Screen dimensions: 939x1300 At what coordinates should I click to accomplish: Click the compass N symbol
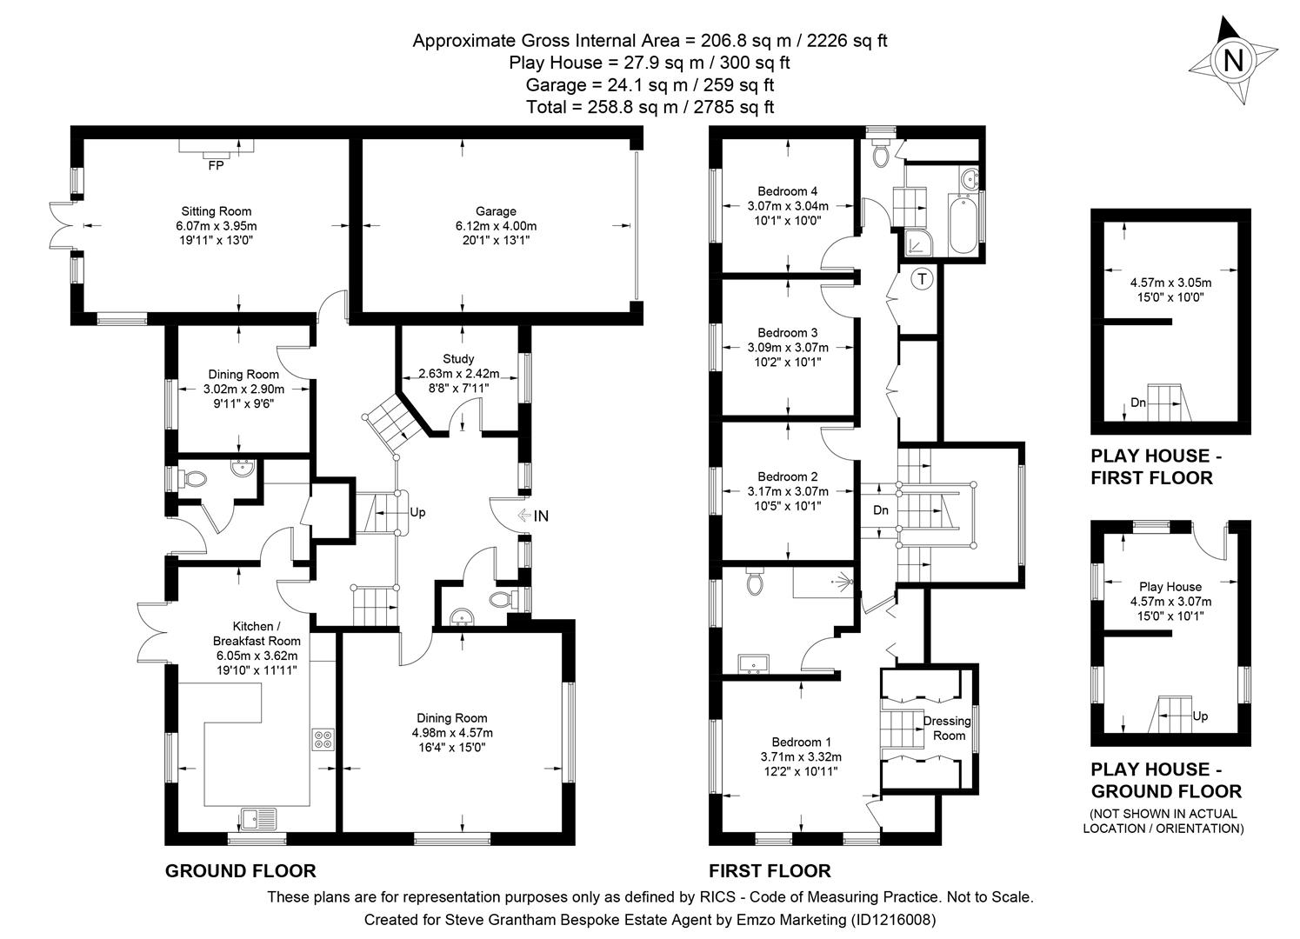coord(1233,61)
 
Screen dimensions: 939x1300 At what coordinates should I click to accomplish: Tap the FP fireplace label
coord(216,165)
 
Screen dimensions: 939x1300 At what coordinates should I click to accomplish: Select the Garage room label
coord(496,211)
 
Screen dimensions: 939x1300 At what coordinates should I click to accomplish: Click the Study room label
coord(458,358)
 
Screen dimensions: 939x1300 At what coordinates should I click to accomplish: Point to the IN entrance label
coord(541,516)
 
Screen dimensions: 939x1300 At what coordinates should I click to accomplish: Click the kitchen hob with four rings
coord(323,739)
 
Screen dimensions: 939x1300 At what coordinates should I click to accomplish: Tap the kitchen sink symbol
coord(258,818)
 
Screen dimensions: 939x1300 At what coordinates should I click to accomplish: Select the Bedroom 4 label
coord(787,191)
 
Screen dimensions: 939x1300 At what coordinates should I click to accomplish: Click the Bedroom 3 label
coord(787,332)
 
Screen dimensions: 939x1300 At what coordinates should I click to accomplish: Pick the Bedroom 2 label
coord(787,476)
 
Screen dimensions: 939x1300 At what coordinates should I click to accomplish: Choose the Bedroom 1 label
coord(801,742)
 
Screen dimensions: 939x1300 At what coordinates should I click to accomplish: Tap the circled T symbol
coord(922,279)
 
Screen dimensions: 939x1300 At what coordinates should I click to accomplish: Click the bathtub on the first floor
coord(963,223)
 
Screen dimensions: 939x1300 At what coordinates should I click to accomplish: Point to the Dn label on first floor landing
coord(880,510)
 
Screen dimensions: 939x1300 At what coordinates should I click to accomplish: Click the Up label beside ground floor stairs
coord(417,512)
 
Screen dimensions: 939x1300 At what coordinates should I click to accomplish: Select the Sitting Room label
coord(216,211)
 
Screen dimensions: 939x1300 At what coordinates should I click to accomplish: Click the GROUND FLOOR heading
coord(240,870)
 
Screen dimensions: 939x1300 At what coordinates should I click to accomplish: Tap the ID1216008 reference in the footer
coord(896,919)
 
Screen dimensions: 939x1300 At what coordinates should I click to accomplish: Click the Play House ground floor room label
coord(1170,587)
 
